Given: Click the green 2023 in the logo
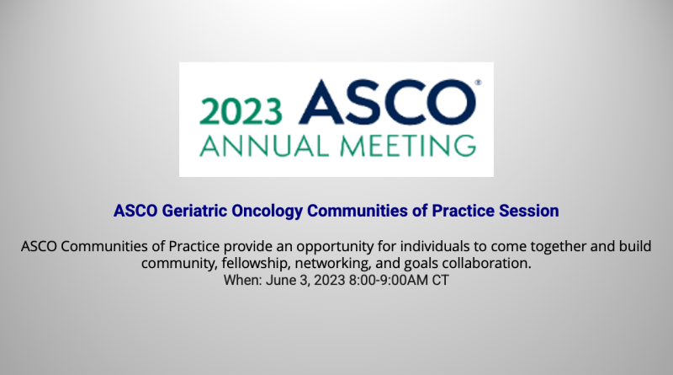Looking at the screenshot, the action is (241, 111).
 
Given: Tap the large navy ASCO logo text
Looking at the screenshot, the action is (387, 102).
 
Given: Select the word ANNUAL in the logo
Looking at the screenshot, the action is (264, 146).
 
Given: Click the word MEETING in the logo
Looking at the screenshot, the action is (408, 146).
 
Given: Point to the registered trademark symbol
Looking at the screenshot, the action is (478, 82).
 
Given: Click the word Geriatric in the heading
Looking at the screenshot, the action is (195, 211).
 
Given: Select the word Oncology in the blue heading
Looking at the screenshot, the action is (268, 212).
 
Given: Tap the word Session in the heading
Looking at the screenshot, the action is (529, 211).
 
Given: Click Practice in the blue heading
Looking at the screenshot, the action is (464, 211).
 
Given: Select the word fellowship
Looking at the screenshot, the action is (256, 263).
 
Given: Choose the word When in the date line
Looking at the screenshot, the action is (242, 280).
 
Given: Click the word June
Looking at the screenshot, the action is (281, 280).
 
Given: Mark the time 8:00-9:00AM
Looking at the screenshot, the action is (389, 280).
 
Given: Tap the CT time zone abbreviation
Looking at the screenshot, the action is (440, 280).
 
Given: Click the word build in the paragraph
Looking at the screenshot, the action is (635, 246).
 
